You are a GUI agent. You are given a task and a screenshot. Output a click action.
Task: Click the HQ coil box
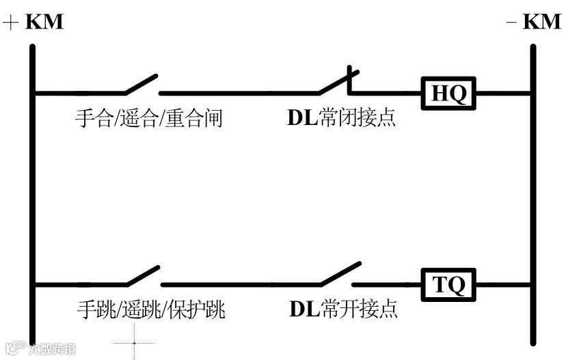click(448, 93)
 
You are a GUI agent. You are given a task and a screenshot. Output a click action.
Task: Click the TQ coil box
click(448, 284)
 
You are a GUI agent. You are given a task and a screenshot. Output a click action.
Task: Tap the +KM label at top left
click(34, 22)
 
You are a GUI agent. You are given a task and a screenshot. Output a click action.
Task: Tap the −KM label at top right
click(534, 22)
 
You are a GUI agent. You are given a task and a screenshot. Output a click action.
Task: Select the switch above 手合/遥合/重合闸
click(142, 85)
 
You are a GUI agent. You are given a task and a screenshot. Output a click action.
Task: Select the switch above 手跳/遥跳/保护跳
click(143, 276)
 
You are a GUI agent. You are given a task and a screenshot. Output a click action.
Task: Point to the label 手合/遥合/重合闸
click(148, 118)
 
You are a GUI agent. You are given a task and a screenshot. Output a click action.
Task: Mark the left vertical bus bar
click(32, 191)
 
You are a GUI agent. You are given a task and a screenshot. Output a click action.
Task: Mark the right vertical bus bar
click(533, 191)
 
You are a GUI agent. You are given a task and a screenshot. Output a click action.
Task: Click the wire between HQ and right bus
click(503, 93)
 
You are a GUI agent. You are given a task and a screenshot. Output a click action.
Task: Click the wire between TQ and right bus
click(503, 284)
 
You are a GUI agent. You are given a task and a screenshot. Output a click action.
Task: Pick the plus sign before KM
click(11, 23)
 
